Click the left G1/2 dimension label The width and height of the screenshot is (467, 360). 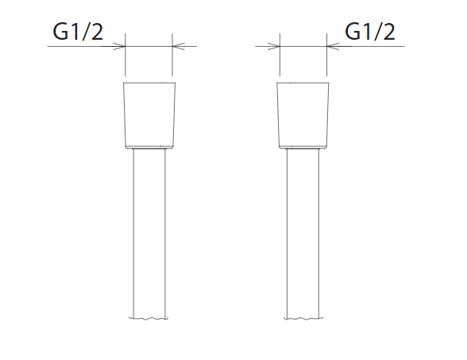coord(78,32)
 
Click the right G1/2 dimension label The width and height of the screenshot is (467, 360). coord(370,32)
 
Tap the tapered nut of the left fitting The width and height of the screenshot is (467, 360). coord(149,115)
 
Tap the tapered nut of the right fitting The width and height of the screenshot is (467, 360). coord(303,115)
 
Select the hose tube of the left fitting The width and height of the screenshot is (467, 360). coord(149,233)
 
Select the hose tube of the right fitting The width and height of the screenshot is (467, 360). coord(303,233)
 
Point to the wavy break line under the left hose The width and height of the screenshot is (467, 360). coord(149,319)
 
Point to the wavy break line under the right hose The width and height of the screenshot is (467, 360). coord(303,319)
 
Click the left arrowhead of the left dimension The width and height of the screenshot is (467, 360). coord(119,46)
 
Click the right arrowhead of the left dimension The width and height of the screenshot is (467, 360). coord(179,46)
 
